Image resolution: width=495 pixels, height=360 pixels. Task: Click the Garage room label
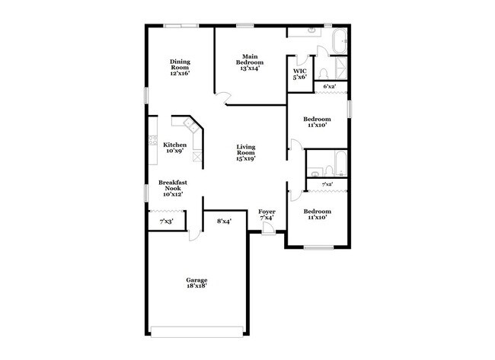[x=196, y=282]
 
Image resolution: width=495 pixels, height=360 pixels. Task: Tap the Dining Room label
[x=180, y=67]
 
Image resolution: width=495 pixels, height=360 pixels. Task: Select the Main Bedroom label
[x=251, y=62]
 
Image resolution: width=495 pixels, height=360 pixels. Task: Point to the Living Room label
[x=245, y=152]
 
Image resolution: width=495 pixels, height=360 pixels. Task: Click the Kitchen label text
[x=174, y=147]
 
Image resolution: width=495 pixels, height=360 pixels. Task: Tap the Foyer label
[x=267, y=215]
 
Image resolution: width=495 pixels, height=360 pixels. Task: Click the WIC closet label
[x=300, y=74]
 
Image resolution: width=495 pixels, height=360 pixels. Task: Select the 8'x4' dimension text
[x=224, y=221]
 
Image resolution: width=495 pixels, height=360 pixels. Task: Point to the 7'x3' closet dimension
[x=166, y=221]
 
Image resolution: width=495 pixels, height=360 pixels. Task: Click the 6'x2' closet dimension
[x=330, y=87]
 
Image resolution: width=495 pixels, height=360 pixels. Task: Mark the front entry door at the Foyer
[x=268, y=230]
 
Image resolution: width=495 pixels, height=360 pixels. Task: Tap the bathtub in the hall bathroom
[x=340, y=163]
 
